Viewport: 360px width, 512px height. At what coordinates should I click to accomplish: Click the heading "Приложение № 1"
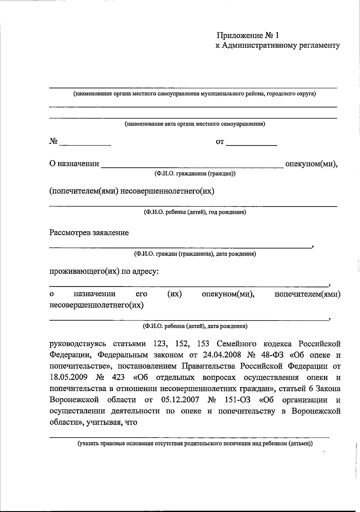(x=248, y=36)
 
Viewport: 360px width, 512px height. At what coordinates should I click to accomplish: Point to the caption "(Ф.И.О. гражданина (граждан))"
(x=195, y=174)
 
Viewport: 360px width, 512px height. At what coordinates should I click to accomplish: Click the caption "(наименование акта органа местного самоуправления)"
(x=195, y=124)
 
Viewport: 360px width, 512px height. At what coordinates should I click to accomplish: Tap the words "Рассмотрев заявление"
(x=89, y=233)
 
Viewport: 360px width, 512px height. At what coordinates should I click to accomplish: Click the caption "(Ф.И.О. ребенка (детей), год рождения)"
(x=195, y=212)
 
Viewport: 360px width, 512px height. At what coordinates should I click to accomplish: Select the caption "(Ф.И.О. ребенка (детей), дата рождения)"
(x=195, y=326)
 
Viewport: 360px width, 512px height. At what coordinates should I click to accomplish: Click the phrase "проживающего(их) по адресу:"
(x=104, y=272)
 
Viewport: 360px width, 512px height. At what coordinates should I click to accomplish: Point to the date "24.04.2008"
(x=222, y=355)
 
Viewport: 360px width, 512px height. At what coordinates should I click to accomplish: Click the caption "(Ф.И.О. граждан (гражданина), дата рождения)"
(x=195, y=254)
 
